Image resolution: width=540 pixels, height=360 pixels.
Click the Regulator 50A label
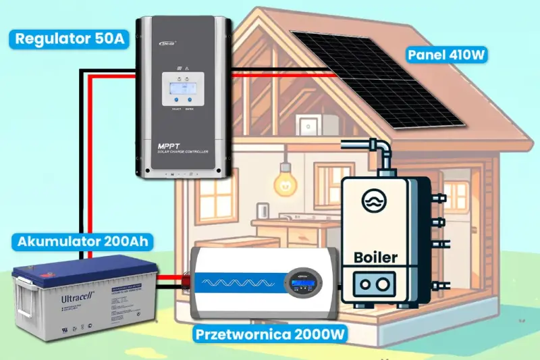69,38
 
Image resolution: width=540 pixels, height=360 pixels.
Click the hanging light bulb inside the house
283,182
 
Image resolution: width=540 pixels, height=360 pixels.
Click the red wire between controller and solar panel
283,76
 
